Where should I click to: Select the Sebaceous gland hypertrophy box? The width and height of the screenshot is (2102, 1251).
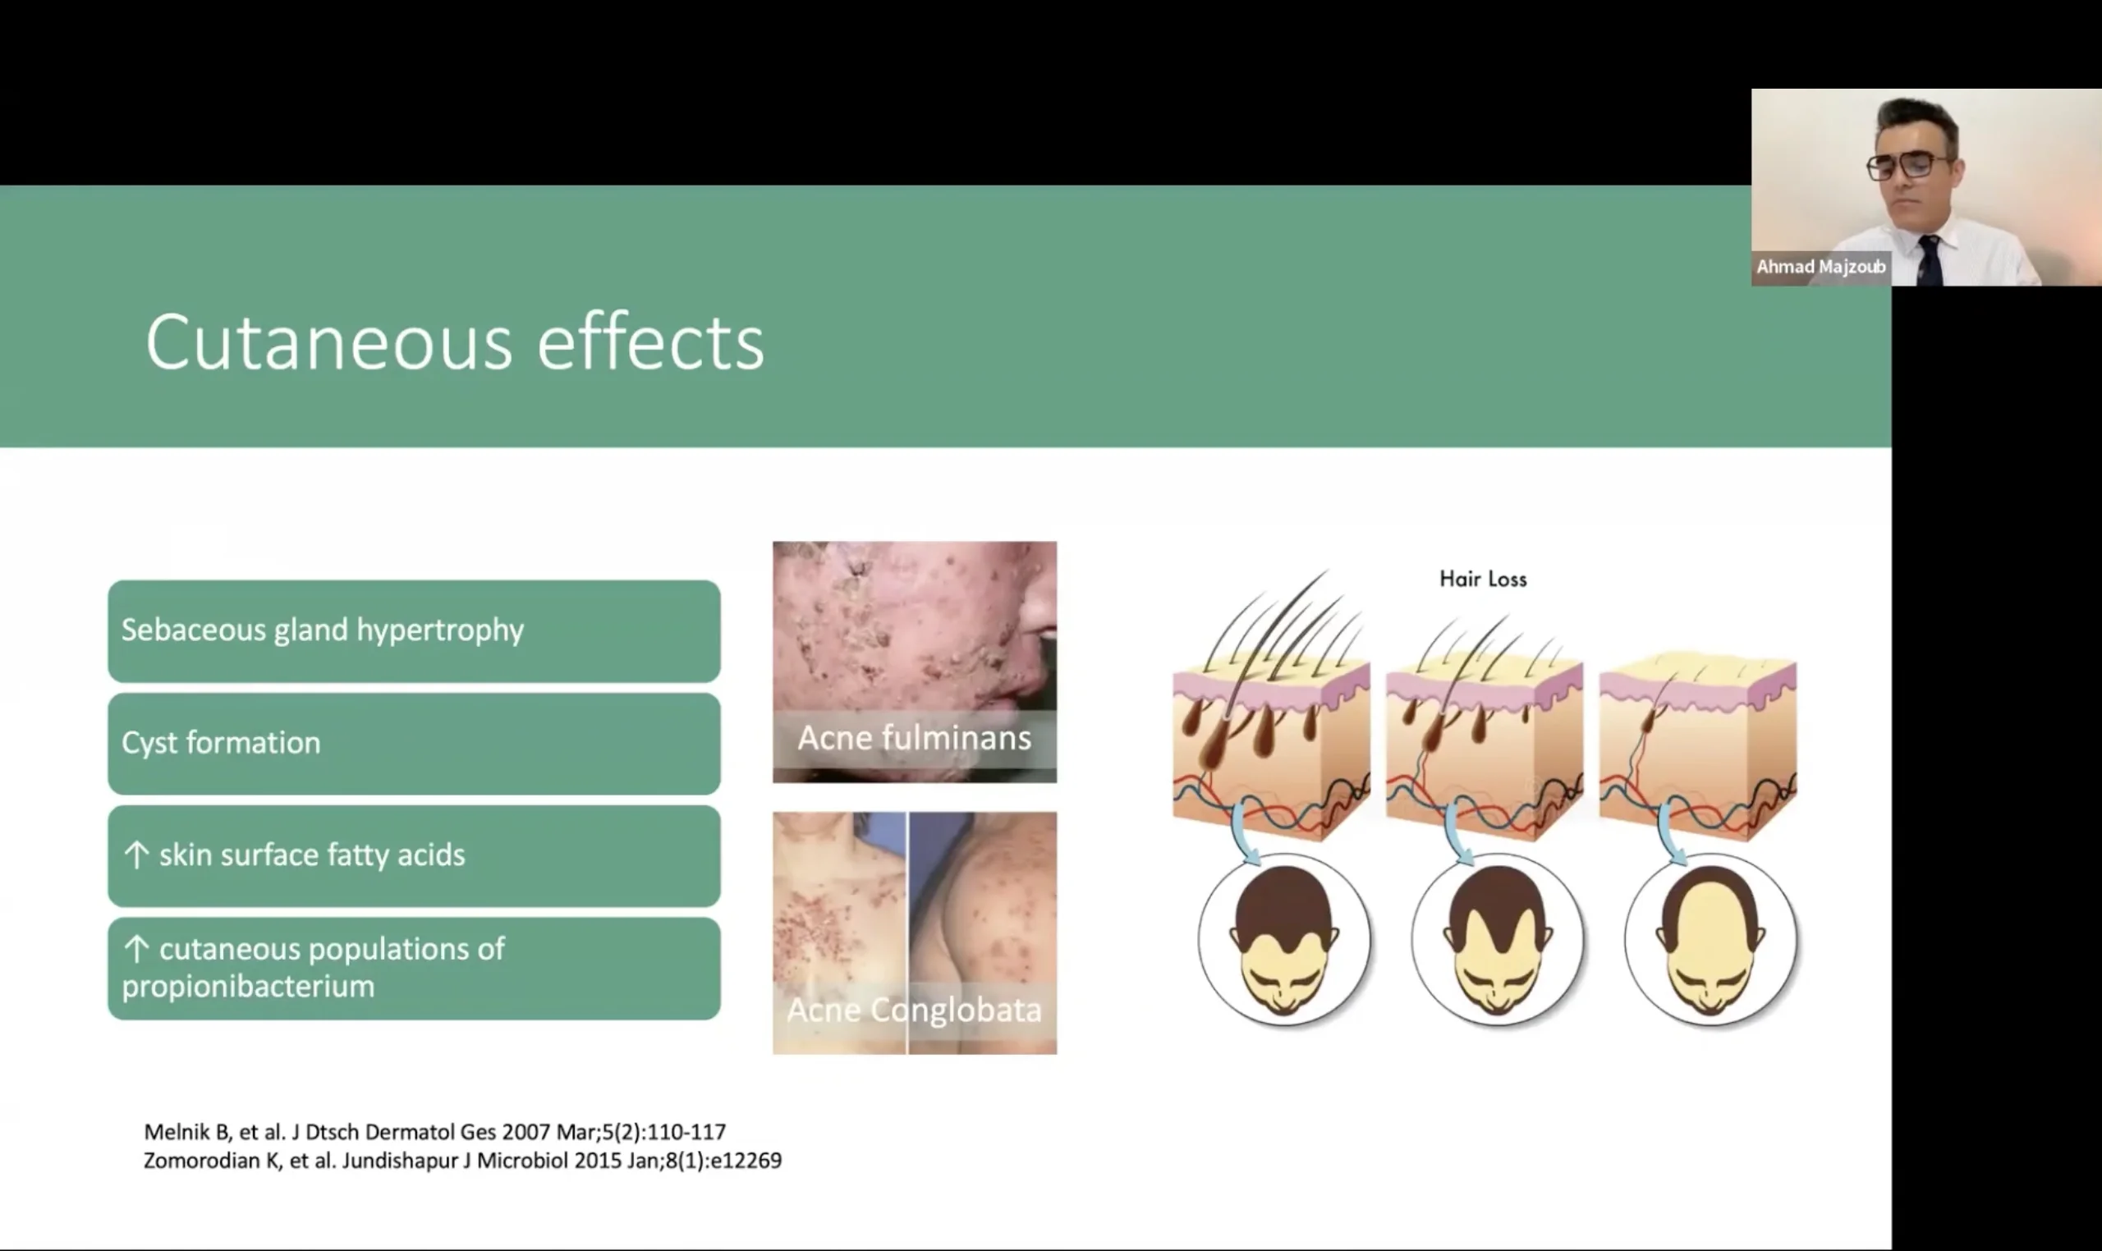point(414,630)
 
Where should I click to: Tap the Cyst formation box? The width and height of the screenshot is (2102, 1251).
point(414,744)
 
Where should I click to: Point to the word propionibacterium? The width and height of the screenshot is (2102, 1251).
point(248,987)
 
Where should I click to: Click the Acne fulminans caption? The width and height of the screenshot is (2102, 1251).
point(914,739)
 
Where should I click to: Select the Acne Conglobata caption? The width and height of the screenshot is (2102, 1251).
point(914,1010)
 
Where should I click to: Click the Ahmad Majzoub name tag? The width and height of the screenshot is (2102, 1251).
point(1821,268)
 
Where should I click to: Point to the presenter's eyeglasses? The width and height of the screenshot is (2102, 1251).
point(1907,165)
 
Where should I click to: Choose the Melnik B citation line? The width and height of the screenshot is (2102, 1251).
point(435,1131)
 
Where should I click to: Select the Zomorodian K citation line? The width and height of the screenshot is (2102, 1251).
point(463,1161)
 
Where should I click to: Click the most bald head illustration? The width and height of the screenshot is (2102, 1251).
point(1712,939)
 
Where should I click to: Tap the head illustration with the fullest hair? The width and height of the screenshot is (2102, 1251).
point(1284,939)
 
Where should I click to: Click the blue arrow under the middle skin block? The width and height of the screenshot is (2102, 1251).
point(1457,835)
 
